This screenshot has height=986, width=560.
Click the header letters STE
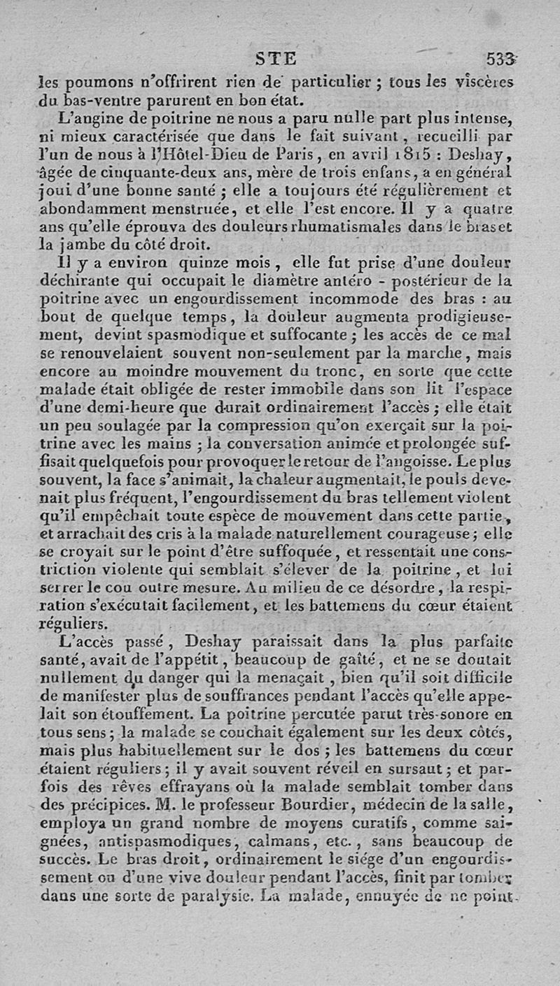pyautogui.click(x=276, y=58)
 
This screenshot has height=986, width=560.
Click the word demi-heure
pyautogui.click(x=122, y=407)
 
